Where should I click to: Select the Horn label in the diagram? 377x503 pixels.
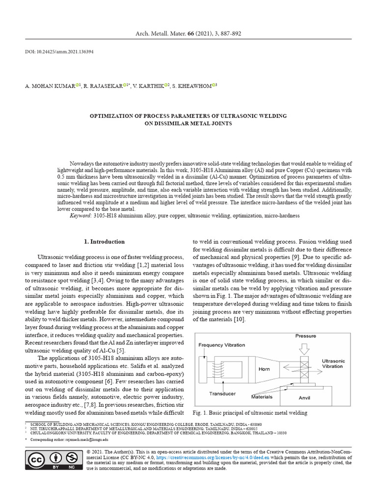264,368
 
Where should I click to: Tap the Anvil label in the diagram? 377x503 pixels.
304,398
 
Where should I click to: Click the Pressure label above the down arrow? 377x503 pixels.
305,336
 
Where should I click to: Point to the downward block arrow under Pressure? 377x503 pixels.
305,348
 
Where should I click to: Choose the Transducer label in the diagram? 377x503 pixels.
222,393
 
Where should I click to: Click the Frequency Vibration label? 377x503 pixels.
222,345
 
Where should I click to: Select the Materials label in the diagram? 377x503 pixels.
262,396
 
